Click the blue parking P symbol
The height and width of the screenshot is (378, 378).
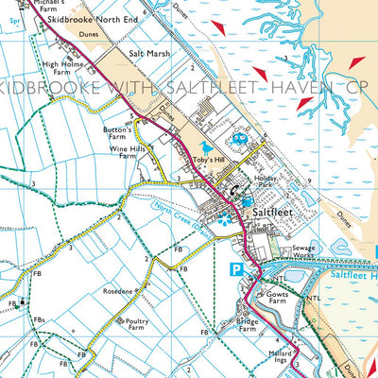click(x=238, y=270)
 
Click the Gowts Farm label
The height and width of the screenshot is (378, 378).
click(x=284, y=300)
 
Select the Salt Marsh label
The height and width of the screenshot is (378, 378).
click(x=151, y=54)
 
